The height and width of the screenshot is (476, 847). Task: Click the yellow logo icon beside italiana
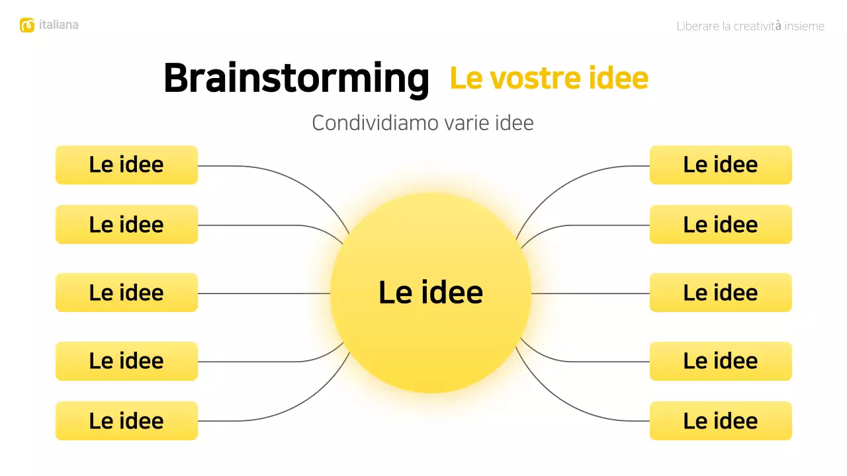pos(27,25)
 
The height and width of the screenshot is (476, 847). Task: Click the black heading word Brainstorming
pos(296,79)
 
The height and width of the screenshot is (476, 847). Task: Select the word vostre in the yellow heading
pos(525,78)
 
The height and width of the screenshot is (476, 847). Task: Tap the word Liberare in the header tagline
pos(697,26)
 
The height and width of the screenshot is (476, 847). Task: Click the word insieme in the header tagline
pos(805,26)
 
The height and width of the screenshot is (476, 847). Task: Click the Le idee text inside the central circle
pos(431,292)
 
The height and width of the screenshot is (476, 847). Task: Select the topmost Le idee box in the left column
pos(126,165)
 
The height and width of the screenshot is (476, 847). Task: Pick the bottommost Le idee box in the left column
pos(126,420)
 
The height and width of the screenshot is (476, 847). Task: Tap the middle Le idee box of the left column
pos(126,292)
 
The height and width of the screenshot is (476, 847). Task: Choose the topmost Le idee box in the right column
pos(721,165)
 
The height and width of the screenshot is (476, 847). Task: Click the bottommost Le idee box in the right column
pos(721,420)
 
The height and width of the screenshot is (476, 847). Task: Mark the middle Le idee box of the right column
pos(721,292)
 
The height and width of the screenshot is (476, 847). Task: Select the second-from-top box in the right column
pos(721,224)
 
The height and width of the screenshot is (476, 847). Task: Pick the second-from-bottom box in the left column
pos(126,361)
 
